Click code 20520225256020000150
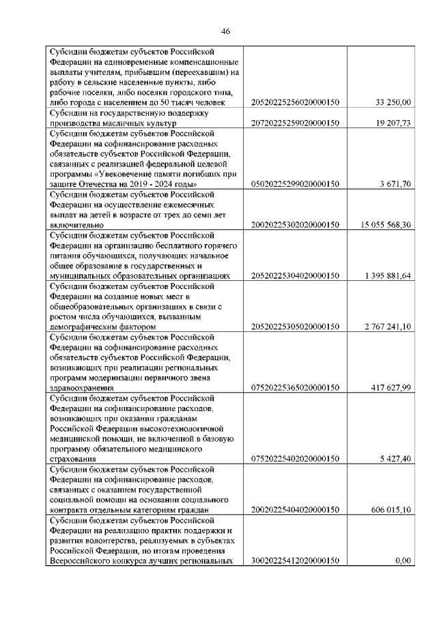point(296,102)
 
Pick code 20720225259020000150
point(296,123)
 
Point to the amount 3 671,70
point(395,184)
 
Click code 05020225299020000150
point(296,184)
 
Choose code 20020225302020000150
point(296,224)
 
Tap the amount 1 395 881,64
point(384,275)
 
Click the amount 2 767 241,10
point(384,327)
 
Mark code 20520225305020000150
point(296,327)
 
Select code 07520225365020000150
point(296,388)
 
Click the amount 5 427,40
point(395,459)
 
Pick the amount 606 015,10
point(389,509)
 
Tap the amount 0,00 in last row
point(402,560)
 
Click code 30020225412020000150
point(296,560)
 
